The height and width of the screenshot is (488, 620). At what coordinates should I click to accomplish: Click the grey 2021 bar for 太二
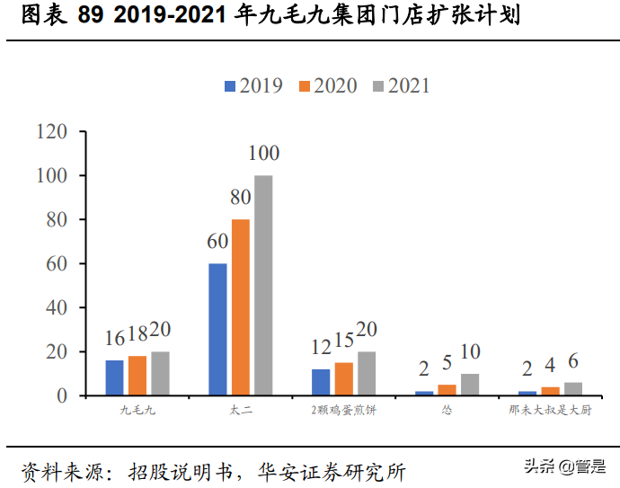coord(263,285)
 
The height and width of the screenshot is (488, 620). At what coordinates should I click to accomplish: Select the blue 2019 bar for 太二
coord(217,329)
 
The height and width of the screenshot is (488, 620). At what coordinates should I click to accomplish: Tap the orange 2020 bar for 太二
coord(241,307)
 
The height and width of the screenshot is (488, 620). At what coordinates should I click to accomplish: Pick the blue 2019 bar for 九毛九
coord(114,377)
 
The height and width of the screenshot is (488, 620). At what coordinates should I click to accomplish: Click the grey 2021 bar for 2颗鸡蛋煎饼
coord(367,373)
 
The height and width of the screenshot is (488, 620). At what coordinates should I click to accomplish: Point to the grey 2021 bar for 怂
coord(470,385)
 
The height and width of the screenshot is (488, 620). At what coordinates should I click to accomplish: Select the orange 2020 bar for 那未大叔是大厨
coord(550,391)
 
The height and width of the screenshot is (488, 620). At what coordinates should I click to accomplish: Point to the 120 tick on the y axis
coord(53,132)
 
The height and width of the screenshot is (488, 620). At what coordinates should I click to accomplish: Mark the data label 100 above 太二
coord(263,153)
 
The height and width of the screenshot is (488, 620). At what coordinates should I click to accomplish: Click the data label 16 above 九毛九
coord(114,339)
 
